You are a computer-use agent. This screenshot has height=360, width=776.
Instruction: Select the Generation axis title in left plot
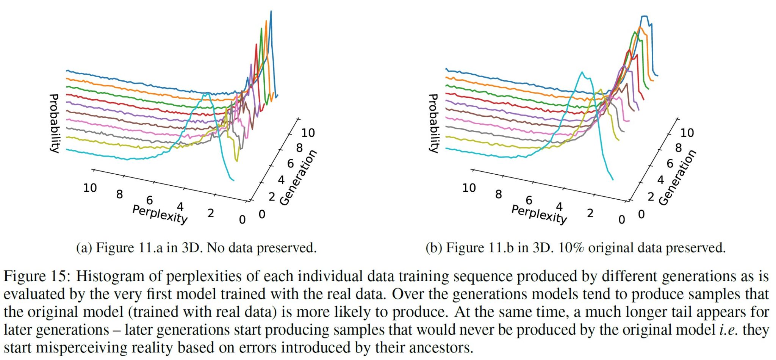(298, 178)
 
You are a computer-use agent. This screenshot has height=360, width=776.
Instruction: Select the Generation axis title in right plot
(677, 178)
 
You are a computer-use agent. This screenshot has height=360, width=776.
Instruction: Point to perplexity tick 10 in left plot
(90, 188)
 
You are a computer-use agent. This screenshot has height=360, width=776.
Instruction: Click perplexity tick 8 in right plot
(498, 194)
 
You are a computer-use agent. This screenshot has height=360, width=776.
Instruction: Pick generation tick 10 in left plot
(308, 133)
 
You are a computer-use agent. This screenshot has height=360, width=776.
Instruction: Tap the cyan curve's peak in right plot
(582, 72)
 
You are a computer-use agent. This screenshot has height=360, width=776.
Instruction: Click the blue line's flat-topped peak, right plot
(644, 16)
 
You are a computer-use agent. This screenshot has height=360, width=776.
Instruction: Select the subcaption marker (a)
(84, 248)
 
